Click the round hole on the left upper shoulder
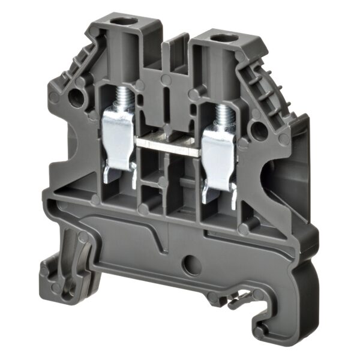76,95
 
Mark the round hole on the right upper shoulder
256,128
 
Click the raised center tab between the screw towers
178,54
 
